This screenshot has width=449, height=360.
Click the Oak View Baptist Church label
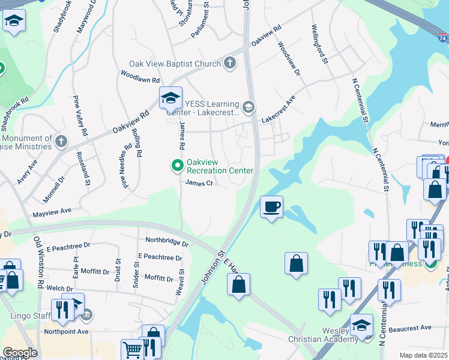coord(175,64)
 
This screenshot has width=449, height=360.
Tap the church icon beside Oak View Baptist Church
coord(229,63)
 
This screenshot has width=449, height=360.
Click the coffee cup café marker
coord(271,207)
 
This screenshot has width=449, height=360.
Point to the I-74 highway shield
coord(442,38)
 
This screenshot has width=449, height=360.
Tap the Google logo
coord(20,353)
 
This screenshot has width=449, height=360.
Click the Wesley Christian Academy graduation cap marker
coord(361,326)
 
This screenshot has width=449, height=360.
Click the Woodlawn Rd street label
coord(140,79)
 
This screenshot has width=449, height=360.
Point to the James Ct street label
coord(199,183)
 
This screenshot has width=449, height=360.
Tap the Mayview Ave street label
coord(52,211)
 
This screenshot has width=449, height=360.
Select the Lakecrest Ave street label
coord(278,111)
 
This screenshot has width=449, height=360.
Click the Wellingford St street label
coord(319,44)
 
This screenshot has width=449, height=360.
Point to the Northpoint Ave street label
coord(66,331)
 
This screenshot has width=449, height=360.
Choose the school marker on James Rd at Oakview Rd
coord(170,98)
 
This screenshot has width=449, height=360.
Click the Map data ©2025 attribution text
coord(424,355)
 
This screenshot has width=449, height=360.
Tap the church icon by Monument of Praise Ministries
coord(60,142)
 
